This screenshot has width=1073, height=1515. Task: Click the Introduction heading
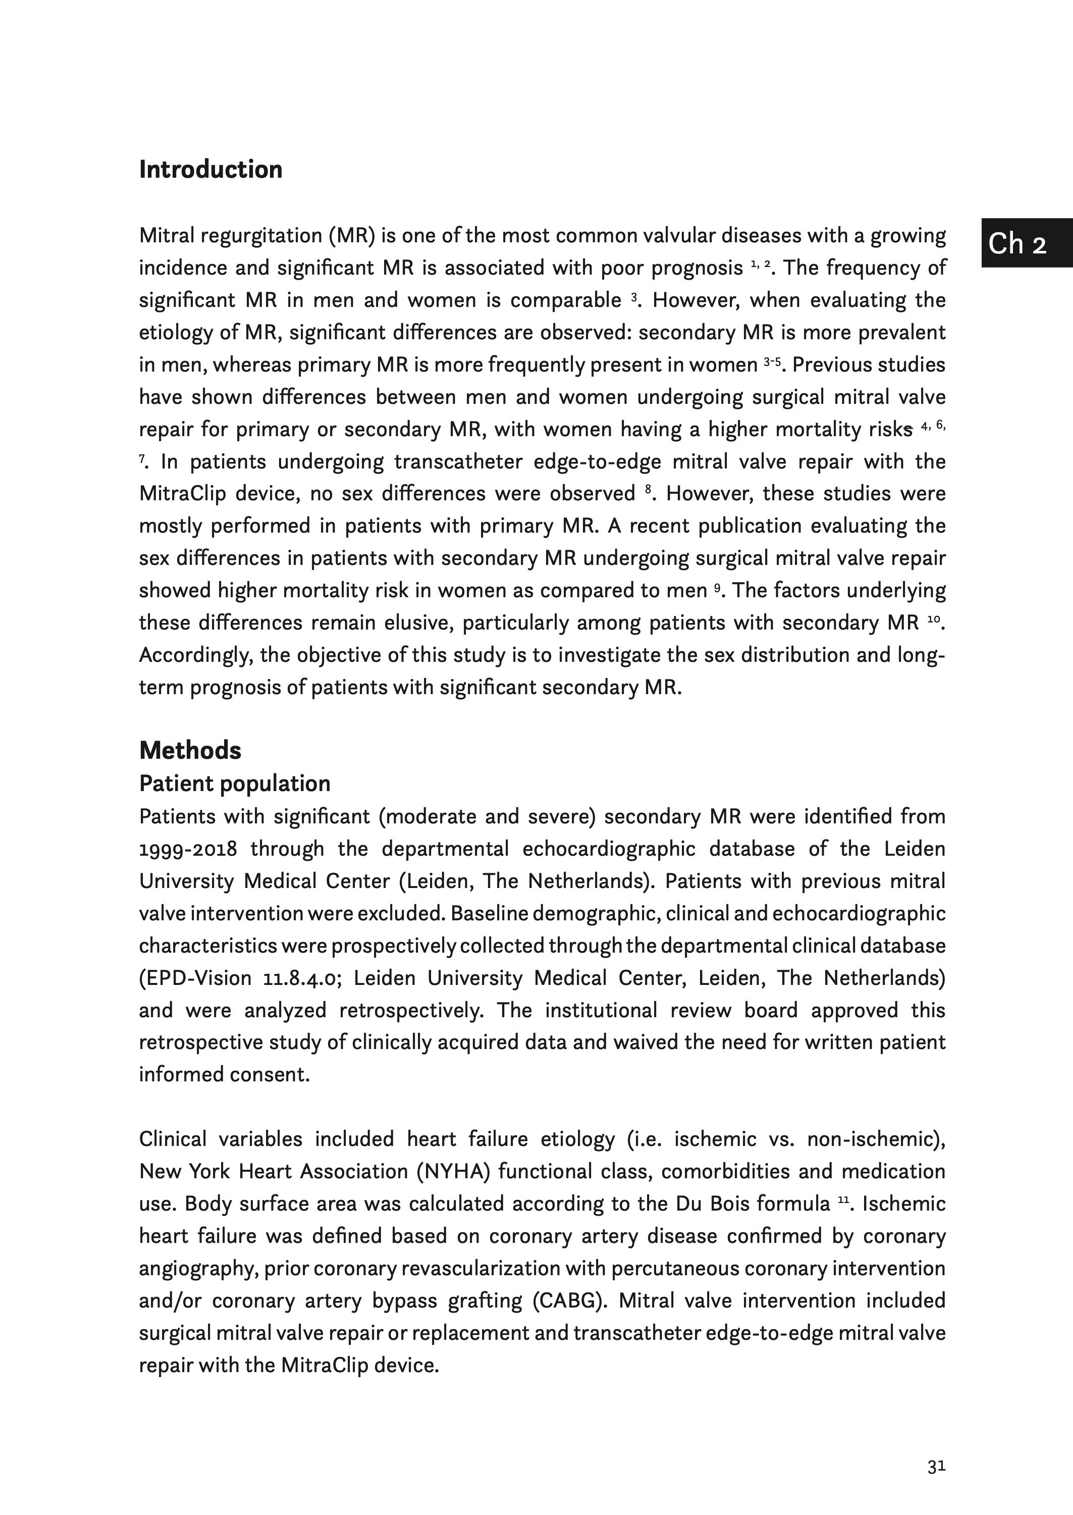(211, 170)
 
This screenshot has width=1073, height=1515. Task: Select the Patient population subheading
(235, 783)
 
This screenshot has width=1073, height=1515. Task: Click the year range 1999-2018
(188, 849)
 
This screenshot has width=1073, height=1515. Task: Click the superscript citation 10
(933, 619)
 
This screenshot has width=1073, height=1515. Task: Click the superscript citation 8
(649, 490)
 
